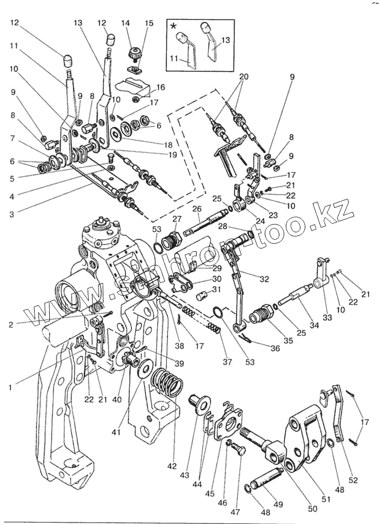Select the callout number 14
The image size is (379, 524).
[x=126, y=23]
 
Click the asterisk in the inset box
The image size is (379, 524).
[x=173, y=27]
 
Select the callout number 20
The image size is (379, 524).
[x=244, y=76]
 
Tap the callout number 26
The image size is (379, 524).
[x=196, y=209]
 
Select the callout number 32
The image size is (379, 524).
[x=264, y=279]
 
